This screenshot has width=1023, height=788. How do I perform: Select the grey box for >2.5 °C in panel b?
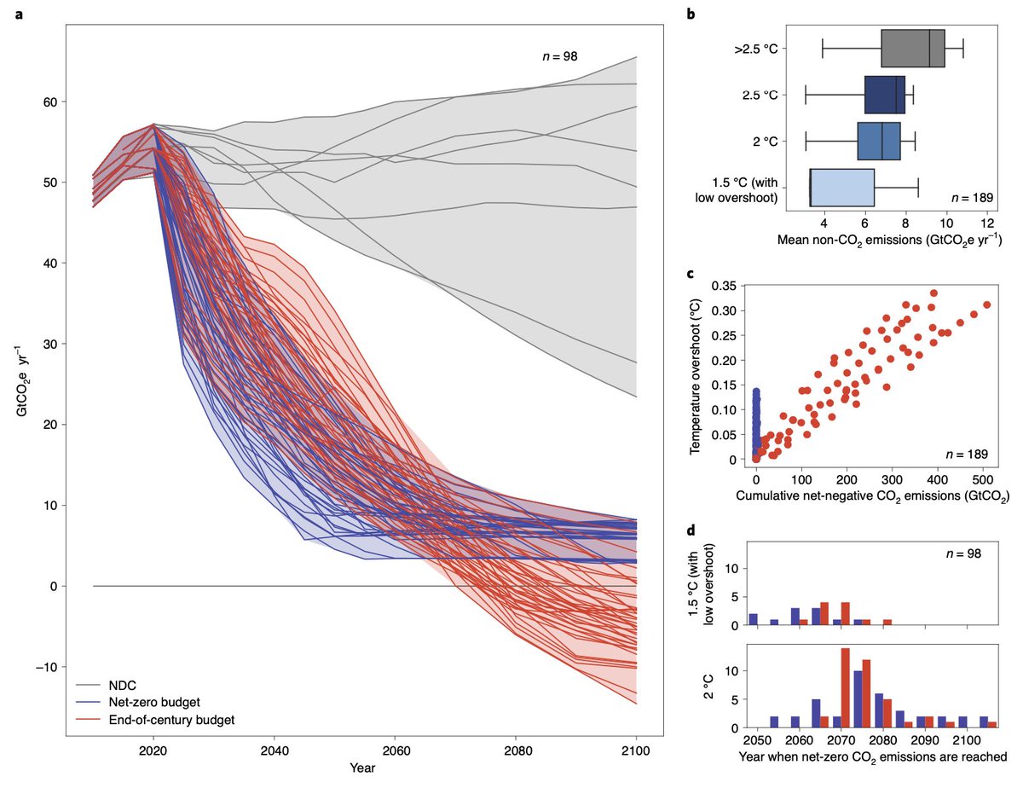tap(912, 48)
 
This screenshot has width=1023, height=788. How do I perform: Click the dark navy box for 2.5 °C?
tap(884, 95)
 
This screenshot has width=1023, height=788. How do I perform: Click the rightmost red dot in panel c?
tap(987, 304)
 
